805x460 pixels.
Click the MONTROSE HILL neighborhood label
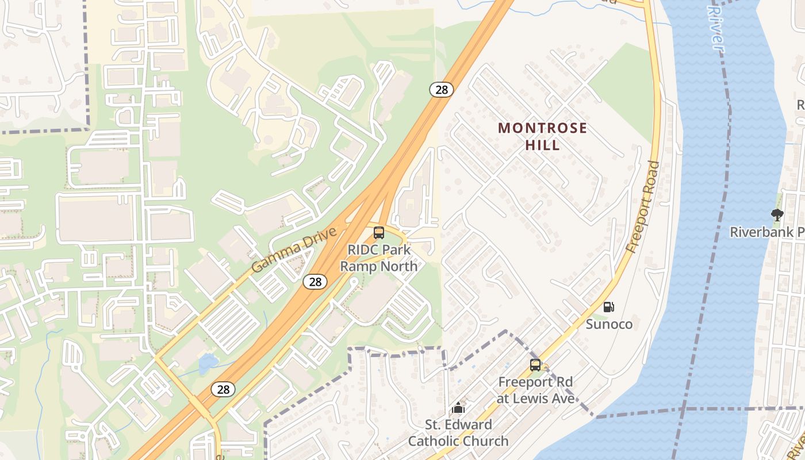542,136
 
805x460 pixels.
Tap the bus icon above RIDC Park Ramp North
379,233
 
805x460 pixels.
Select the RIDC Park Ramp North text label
379,258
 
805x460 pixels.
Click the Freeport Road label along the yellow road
643,207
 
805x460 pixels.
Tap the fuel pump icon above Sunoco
608,308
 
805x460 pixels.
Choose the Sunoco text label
609,324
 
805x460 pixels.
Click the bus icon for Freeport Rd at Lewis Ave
535,365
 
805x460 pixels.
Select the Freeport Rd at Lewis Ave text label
536,390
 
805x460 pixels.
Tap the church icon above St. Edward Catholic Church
458,408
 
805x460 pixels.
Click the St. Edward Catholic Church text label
458,433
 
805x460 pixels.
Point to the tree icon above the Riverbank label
777,216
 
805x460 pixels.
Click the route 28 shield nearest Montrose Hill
441,89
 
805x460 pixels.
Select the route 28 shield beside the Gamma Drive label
315,281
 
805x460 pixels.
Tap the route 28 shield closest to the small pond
223,389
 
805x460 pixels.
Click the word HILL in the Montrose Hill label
542,145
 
